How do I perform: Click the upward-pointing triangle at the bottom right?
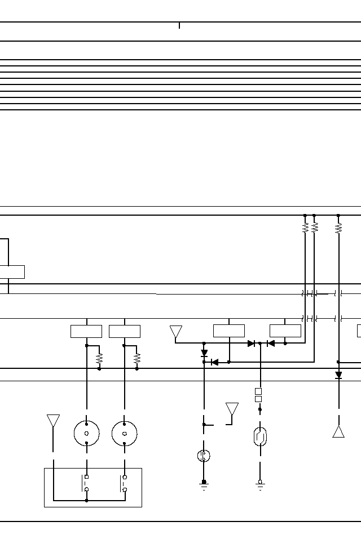pos(338,432)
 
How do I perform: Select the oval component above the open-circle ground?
pos(260,437)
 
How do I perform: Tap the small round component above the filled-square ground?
pos(204,456)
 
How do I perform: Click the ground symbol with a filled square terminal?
pos(204,484)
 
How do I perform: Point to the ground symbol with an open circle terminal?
pos(260,484)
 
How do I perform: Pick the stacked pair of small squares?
pos(258,395)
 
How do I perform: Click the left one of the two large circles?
pos(87,433)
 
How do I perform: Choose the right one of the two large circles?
pos(125,433)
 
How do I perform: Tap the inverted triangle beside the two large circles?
pos(54,421)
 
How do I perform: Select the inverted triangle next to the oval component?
pos(232,409)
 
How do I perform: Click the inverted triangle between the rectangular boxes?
pos(176,332)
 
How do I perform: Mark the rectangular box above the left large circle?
pos(86,331)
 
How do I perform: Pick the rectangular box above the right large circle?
pos(125,331)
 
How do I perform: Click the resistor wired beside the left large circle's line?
pos(99,358)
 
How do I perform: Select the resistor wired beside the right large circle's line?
pos(137,358)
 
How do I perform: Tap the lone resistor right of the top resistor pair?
pos(338,228)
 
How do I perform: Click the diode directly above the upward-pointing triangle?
pos(338,375)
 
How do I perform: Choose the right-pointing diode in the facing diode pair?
pos(252,344)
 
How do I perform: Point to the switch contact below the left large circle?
pos(86,483)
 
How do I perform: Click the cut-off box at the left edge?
pos(12,271)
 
